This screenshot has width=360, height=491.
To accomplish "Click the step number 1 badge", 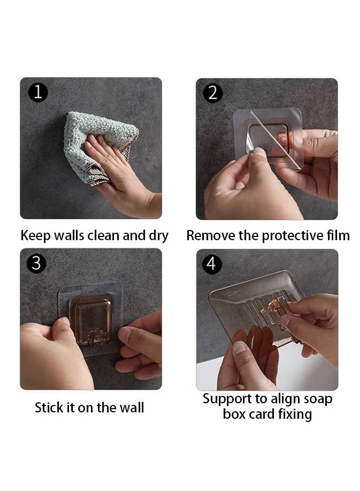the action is pyautogui.click(x=38, y=93).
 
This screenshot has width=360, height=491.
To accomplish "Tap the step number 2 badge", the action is pyautogui.click(x=213, y=93).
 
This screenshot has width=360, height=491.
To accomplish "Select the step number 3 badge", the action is pyautogui.click(x=36, y=263).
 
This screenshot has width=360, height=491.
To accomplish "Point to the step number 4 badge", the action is pyautogui.click(x=212, y=264).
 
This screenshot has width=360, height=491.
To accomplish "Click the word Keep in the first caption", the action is pyautogui.click(x=35, y=236).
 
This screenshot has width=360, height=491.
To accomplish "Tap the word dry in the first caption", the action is pyautogui.click(x=158, y=236).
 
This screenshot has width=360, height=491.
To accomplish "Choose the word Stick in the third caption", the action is pyautogui.click(x=48, y=408).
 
